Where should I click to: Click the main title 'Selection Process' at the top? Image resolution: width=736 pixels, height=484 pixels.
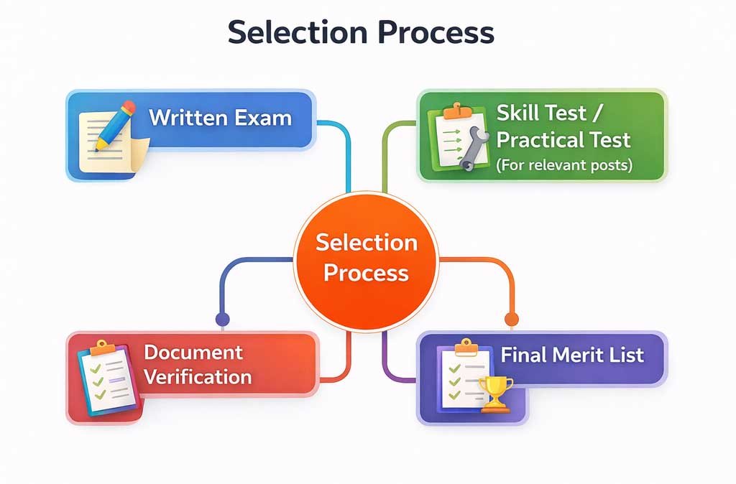click(361, 33)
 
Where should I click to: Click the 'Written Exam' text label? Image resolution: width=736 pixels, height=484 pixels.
click(220, 117)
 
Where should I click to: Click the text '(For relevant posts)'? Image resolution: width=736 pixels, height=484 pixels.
click(564, 165)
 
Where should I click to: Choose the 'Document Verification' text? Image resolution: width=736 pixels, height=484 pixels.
click(198, 364)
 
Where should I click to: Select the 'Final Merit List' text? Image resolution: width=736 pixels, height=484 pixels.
click(572, 354)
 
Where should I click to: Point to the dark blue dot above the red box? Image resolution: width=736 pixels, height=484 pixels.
click(222, 319)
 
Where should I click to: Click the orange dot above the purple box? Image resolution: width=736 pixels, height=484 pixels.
click(511, 319)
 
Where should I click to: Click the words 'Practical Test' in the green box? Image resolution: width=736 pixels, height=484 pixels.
click(563, 139)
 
